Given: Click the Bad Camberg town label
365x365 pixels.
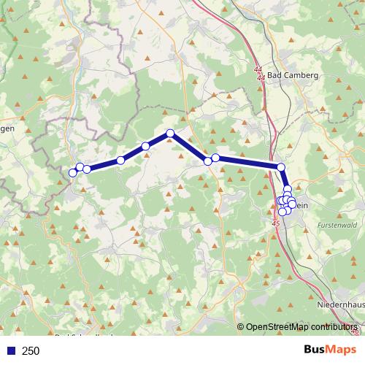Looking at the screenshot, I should point(291,75).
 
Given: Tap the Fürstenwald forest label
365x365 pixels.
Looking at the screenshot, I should point(337,226).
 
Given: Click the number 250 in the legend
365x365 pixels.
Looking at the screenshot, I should point(31,351).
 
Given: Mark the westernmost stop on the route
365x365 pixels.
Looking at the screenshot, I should point(72,172).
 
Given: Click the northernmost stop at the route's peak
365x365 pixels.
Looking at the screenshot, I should point(170,133).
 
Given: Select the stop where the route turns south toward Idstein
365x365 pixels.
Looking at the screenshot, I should point(281,167).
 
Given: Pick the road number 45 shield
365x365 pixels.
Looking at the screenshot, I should point(275,223).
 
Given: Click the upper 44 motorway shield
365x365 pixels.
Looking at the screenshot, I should point(259,69).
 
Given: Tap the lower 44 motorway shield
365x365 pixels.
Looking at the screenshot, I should point(261,77).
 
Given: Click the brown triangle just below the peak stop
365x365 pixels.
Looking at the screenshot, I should point(170,141).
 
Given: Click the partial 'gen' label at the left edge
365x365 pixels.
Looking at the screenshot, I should point(7,129).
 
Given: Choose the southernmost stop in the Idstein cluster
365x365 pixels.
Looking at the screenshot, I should point(283,212).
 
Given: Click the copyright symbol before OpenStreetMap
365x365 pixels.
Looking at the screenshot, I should point(241,328).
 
